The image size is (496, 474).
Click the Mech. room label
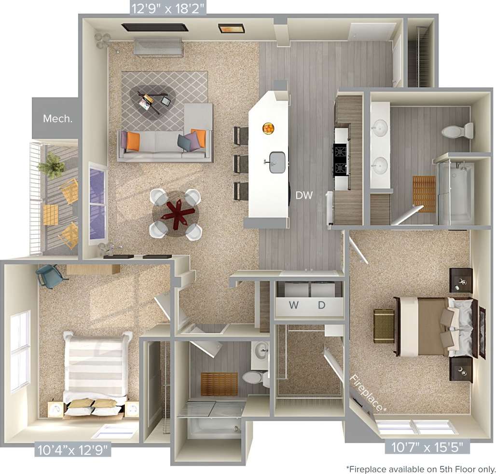(x=58, y=119)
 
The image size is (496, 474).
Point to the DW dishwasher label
(x=304, y=195)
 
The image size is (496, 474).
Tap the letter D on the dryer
(x=322, y=305)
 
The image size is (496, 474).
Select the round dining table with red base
(x=175, y=212)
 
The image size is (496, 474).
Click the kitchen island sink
(x=277, y=162)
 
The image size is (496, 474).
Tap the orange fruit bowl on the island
(x=268, y=128)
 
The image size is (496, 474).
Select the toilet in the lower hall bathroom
(x=255, y=377)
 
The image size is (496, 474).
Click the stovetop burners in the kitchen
(x=341, y=160)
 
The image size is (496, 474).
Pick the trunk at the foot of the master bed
(x=384, y=326)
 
